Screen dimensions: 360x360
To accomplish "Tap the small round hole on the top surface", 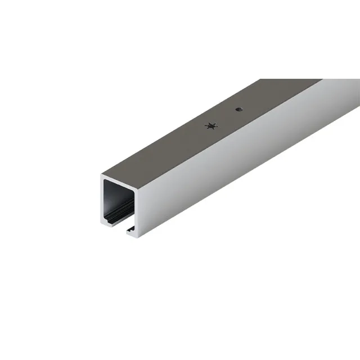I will [238, 109].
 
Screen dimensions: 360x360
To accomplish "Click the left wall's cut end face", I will [103, 200].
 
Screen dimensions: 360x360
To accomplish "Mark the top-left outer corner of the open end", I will [102, 175].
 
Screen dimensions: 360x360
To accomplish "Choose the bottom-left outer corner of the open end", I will [102, 224].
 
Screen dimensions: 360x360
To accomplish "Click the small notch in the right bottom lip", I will [129, 229].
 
